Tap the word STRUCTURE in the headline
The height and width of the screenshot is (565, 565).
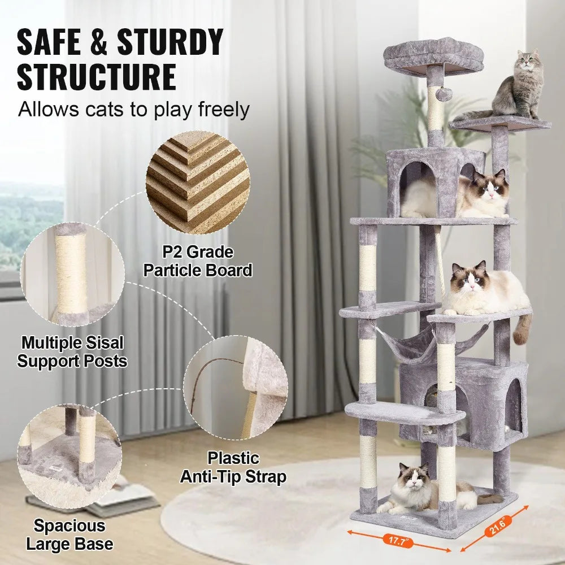click(x=96, y=77)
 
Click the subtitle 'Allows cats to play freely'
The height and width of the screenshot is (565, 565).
click(x=133, y=109)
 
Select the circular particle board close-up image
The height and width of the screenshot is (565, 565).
click(x=198, y=182)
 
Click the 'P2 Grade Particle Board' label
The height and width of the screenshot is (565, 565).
click(x=197, y=261)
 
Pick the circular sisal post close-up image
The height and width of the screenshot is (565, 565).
click(x=69, y=275)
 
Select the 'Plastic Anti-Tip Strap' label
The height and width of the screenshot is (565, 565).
click(x=233, y=467)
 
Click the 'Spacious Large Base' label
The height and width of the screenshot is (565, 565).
click(x=69, y=535)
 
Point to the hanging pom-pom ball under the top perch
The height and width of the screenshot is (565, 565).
click(x=443, y=94)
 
